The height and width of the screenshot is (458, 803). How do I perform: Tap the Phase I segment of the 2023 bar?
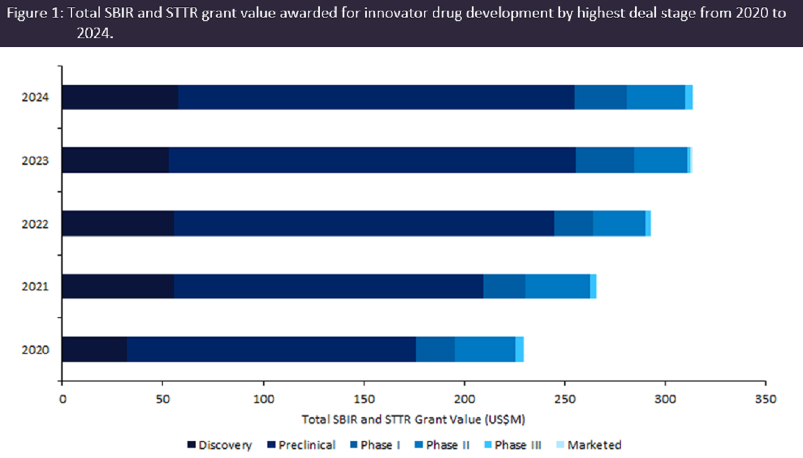point(605,160)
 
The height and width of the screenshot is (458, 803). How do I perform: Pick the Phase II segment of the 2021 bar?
point(557,286)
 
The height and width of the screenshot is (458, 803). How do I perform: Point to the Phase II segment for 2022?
point(619,223)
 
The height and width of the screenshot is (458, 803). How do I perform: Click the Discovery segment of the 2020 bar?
point(94,349)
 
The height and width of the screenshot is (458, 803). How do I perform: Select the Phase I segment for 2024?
point(600,97)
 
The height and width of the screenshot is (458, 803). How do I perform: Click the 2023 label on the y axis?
point(35,160)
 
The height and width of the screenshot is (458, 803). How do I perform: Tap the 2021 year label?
point(35,286)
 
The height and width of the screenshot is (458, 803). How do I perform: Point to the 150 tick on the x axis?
point(364,398)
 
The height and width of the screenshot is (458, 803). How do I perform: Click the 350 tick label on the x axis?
point(766,398)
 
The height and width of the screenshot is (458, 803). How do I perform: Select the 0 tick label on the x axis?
point(62,398)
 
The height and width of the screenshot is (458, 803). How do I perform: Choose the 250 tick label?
point(565,398)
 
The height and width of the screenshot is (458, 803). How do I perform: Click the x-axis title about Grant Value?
point(413,419)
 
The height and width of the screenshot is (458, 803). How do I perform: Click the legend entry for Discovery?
point(219,445)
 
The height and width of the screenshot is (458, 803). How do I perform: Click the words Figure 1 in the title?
point(40,14)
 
